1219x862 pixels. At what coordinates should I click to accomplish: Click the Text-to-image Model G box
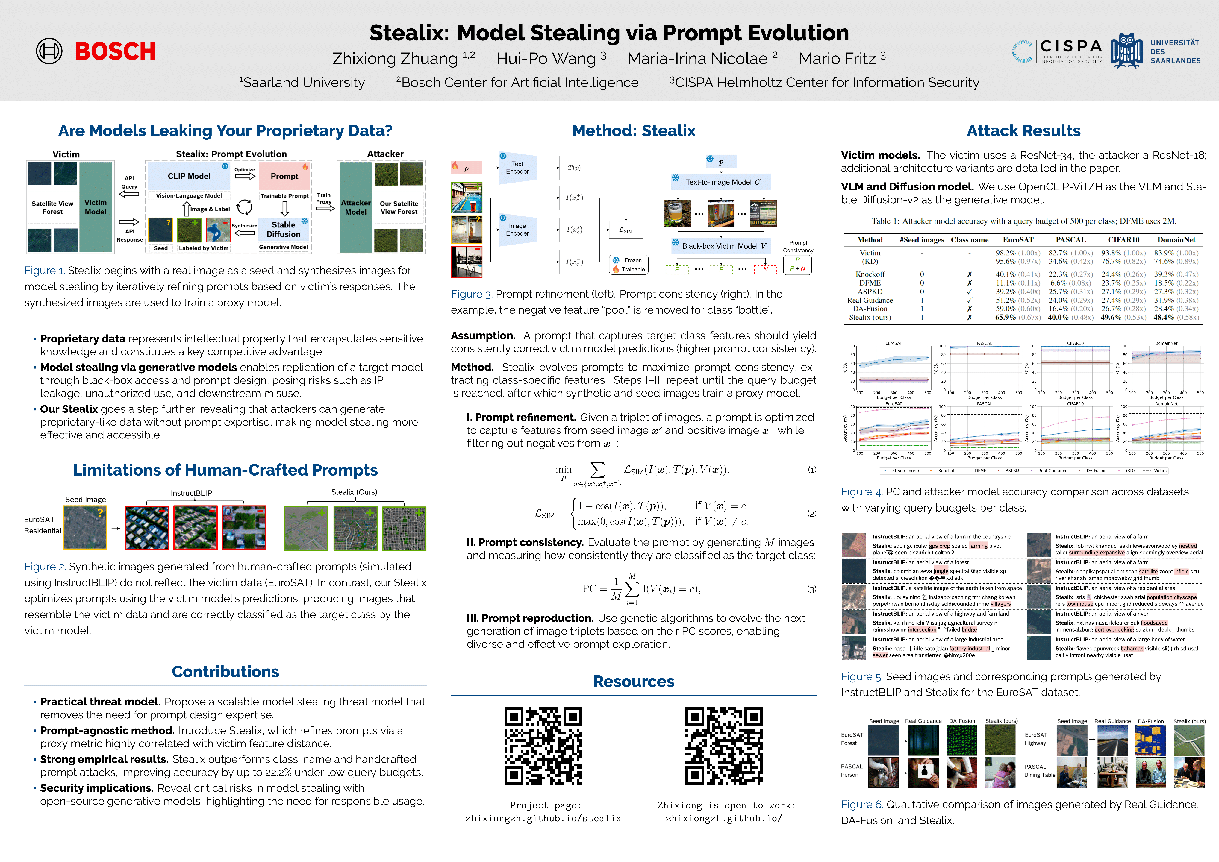(722, 182)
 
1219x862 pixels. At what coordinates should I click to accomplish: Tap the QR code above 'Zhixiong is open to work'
(724, 746)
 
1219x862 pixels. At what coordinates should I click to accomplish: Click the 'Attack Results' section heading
(1023, 130)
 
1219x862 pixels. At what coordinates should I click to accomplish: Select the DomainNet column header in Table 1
(1176, 240)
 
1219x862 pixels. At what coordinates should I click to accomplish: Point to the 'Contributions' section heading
(225, 672)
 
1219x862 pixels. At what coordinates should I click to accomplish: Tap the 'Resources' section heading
(633, 682)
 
